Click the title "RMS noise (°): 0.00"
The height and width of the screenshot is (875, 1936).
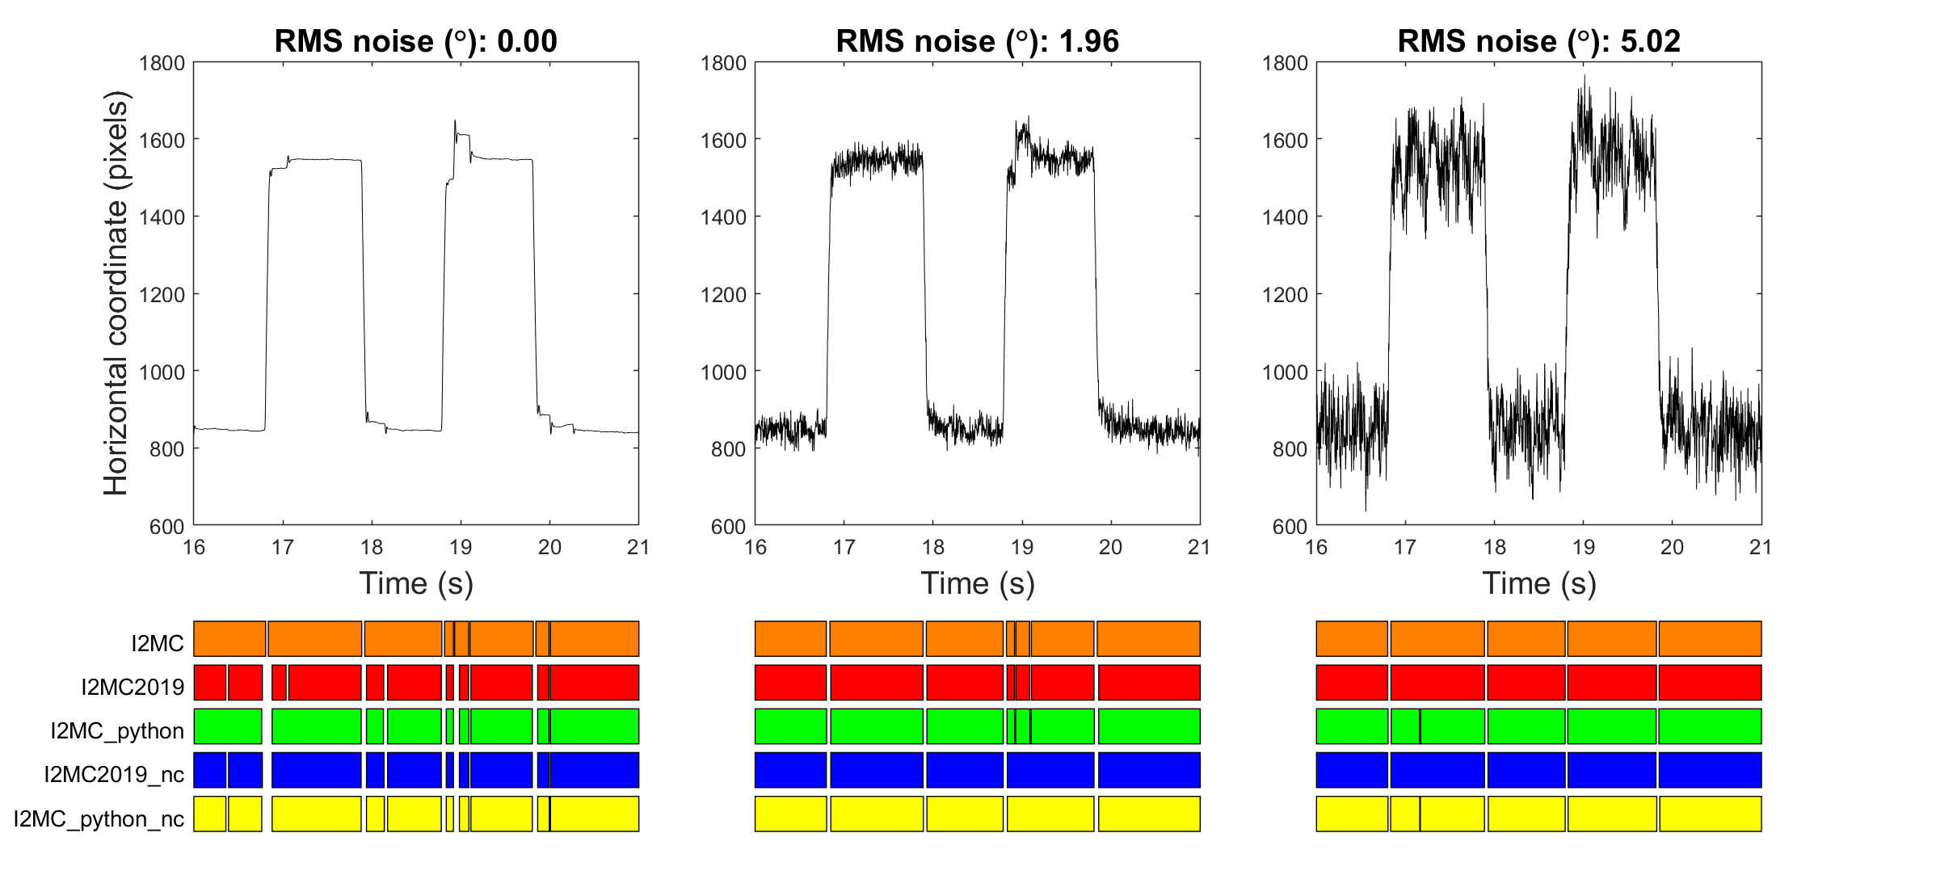(415, 41)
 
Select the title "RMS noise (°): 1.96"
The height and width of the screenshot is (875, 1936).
(977, 41)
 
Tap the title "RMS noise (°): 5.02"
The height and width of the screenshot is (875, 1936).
(1538, 41)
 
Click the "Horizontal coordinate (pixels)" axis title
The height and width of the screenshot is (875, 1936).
(116, 292)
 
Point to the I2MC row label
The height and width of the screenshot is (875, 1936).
(158, 644)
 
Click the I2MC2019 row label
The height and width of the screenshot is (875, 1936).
(133, 688)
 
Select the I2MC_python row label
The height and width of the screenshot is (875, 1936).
(117, 731)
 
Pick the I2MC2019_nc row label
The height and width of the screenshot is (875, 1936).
(114, 775)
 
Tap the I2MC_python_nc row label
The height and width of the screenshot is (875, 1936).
(99, 819)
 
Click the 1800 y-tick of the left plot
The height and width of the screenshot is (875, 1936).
(162, 63)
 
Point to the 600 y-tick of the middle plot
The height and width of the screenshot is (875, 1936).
(728, 527)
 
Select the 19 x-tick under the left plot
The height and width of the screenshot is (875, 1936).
(461, 548)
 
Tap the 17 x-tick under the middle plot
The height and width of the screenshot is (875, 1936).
(844, 548)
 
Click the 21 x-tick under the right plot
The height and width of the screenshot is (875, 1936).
(1761, 548)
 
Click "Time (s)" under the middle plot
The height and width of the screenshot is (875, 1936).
(977, 583)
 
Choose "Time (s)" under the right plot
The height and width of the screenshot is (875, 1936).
(1538, 583)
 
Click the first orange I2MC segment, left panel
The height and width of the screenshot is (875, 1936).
(229, 639)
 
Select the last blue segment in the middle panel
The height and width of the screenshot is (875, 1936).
(1148, 770)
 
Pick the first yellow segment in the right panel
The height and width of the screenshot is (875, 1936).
(1352, 814)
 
